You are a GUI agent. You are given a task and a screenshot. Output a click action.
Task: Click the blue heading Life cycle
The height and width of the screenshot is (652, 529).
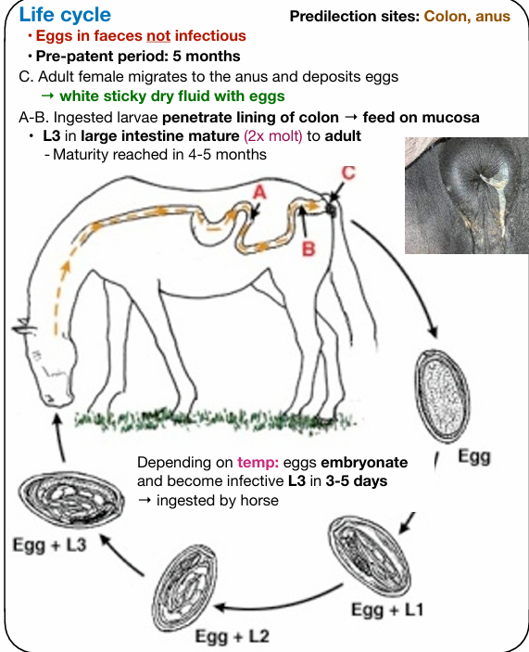point(65,15)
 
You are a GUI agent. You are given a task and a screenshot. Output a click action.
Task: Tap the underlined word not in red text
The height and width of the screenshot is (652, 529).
point(158,36)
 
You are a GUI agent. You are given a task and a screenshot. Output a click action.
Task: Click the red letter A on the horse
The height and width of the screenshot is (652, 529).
point(259,192)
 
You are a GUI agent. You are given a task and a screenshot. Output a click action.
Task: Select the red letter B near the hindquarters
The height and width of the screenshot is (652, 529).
point(309,249)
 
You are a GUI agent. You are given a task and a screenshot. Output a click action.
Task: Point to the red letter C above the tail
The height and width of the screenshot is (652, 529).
point(348,173)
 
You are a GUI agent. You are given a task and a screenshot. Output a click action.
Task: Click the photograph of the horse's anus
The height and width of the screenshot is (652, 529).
point(467,196)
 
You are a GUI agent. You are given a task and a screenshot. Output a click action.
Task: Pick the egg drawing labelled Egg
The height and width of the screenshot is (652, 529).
point(442,396)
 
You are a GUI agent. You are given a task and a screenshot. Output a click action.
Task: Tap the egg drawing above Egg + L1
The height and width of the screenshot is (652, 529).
point(370,556)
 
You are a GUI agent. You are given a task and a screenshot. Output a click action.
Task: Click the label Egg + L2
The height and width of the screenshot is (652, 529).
point(233,636)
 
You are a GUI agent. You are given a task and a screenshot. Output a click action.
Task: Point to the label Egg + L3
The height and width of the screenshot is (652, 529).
point(49,544)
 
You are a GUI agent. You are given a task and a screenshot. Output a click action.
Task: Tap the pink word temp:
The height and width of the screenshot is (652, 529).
point(258,463)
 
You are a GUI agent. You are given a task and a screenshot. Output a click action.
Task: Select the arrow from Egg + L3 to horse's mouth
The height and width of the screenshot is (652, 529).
point(59,437)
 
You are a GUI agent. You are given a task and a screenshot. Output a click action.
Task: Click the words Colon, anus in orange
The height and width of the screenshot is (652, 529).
point(467,16)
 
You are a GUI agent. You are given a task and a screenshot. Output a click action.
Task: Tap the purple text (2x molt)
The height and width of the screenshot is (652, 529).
point(273,136)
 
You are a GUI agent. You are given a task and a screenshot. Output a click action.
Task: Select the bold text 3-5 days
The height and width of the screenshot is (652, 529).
point(357,481)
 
